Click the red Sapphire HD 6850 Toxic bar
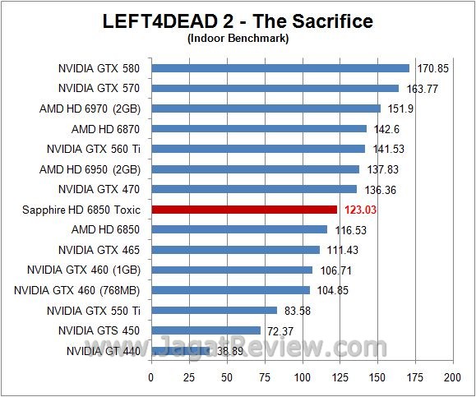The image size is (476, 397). [244, 210]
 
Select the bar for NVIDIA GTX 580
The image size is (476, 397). [280, 68]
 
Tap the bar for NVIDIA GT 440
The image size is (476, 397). [180, 351]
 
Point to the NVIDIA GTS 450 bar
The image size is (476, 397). [206, 330]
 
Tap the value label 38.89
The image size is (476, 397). [232, 351]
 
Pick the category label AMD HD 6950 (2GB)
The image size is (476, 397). [90, 169]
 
